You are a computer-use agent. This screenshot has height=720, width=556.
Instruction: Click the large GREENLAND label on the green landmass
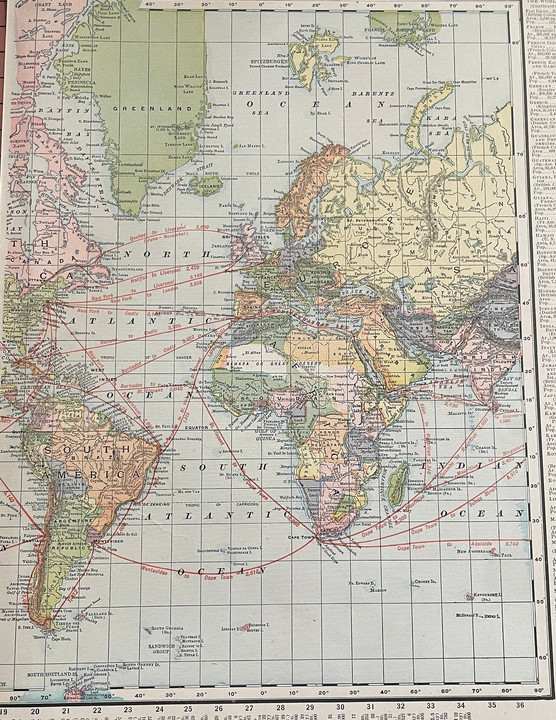tap(152, 108)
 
